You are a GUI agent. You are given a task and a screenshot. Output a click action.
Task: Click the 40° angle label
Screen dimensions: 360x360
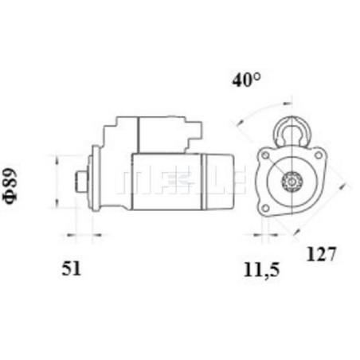(246, 80)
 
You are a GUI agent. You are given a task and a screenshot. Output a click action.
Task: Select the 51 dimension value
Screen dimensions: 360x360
(71, 268)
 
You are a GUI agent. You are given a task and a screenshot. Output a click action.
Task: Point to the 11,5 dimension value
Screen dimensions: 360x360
(262, 270)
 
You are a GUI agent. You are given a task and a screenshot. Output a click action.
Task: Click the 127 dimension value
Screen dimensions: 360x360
(321, 254)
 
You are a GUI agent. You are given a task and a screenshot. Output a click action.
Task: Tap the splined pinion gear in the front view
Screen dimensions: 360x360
(292, 182)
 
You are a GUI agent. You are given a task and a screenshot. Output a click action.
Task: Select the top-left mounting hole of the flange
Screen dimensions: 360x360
(265, 155)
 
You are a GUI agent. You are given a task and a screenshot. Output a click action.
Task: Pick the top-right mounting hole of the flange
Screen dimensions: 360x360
(318, 155)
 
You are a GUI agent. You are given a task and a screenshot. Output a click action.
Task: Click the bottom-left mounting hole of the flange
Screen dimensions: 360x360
(265, 208)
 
